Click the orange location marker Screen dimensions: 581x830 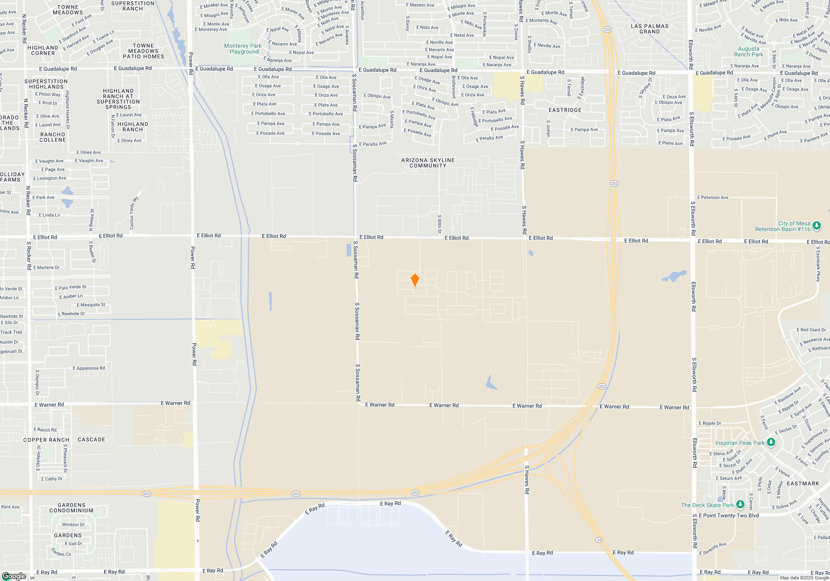click(415, 280)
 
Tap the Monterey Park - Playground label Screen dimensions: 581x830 click(243, 49)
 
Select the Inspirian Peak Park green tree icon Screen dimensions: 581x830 click(771, 442)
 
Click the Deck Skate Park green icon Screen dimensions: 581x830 click(740, 505)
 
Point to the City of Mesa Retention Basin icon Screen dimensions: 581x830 click(817, 226)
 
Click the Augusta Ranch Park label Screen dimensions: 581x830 click(748, 51)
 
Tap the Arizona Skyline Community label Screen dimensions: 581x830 click(428, 163)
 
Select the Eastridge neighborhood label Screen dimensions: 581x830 click(565, 110)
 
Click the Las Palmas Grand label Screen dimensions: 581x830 click(649, 29)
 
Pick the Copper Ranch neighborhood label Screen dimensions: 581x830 click(46, 440)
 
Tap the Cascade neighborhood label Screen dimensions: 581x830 click(91, 439)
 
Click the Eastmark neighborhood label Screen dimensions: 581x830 click(803, 483)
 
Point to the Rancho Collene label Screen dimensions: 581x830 click(53, 137)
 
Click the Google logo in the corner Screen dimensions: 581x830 click(14, 576)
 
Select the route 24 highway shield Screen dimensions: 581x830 click(599, 540)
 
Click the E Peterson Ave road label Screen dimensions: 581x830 click(713, 198)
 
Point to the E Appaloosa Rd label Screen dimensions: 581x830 click(89, 368)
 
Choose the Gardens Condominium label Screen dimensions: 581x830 click(71, 508)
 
